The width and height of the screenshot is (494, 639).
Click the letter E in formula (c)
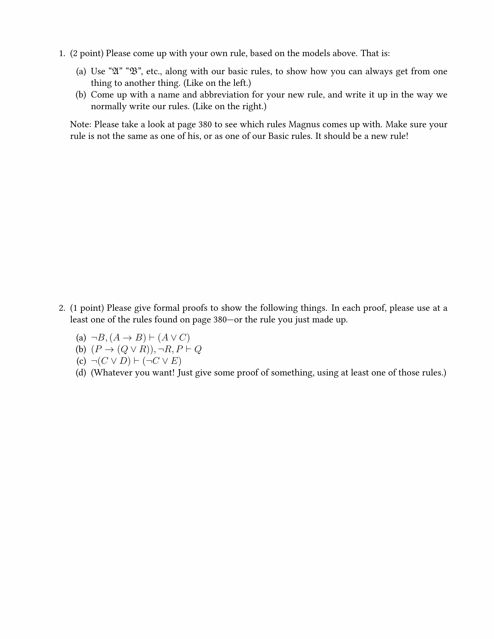(174, 361)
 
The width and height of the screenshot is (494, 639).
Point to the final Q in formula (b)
(198, 349)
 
